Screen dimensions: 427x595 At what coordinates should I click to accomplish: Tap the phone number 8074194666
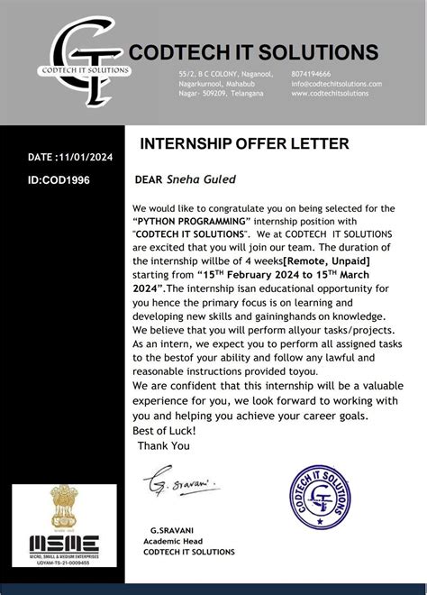coord(311,73)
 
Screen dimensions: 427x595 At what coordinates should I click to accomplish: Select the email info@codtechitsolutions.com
coord(336,83)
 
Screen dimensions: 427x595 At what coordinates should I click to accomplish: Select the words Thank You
coord(164,444)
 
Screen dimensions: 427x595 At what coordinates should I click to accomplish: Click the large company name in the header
coord(255,50)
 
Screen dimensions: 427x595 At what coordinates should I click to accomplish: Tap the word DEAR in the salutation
coord(148,178)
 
